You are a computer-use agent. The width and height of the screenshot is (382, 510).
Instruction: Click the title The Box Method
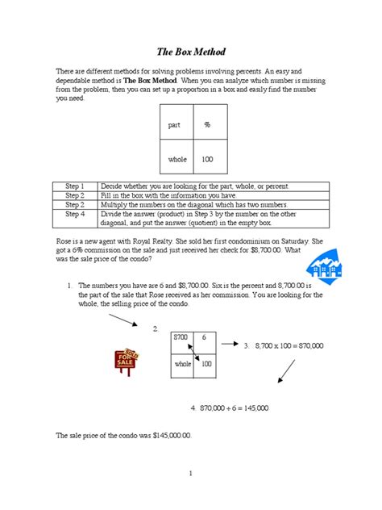tap(191, 51)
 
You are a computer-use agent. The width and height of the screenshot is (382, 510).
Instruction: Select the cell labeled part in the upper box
tap(175, 125)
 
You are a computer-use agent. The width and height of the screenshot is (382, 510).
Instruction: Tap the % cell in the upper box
tap(206, 125)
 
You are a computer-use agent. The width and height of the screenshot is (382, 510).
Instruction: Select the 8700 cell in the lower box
tap(182, 337)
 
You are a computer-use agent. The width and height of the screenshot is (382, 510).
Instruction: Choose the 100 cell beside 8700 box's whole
tap(206, 364)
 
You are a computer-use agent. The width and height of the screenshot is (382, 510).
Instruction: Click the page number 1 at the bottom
tap(190, 474)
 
